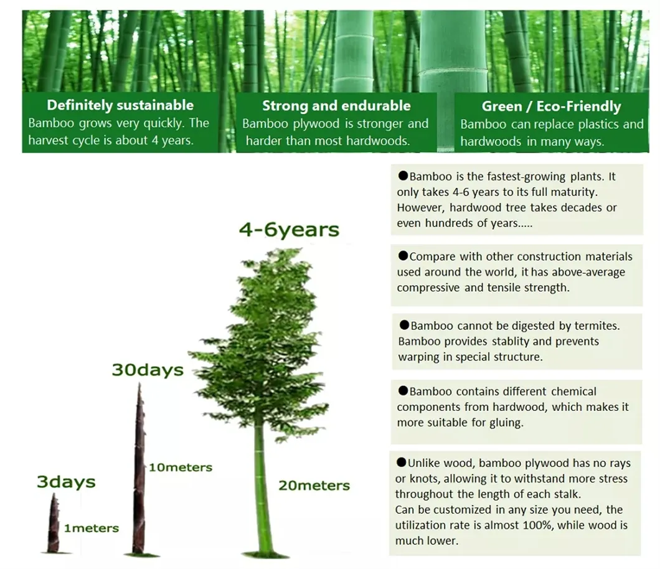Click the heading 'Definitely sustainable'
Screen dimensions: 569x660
[120, 105]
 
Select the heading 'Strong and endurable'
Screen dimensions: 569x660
[336, 105]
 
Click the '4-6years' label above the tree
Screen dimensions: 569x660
[290, 230]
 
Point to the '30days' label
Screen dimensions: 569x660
[148, 370]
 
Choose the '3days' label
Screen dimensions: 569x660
[65, 482]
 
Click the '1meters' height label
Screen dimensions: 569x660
[91, 528]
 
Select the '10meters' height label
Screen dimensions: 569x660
[180, 467]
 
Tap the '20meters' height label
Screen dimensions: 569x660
[314, 486]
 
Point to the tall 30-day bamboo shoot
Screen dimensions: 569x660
[139, 473]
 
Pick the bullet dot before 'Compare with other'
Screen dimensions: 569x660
[403, 256]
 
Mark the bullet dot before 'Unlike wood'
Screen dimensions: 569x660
[401, 463]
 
